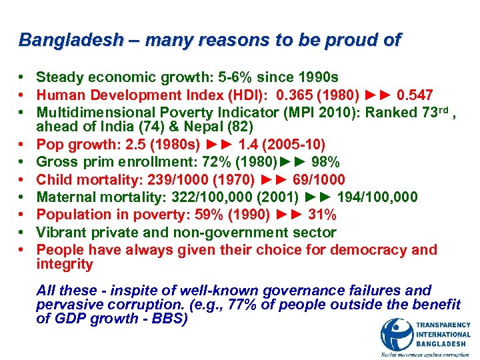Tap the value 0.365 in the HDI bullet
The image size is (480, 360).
pos(291,95)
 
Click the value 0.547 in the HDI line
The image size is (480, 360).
pos(417,95)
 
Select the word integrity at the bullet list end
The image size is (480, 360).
pos(65,264)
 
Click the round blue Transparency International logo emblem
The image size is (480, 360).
pos(396,334)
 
